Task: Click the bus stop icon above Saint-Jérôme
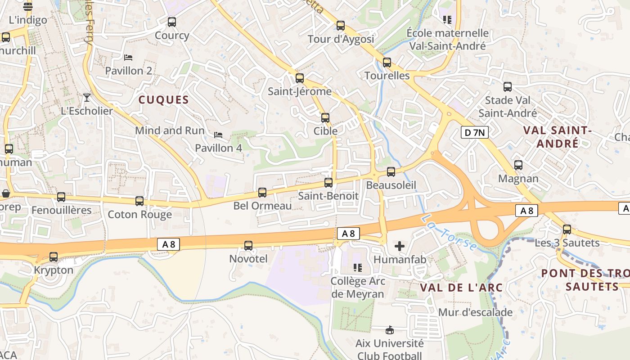pos(300,78)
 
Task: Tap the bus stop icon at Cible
pos(325,118)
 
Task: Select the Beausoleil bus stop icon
pos(391,171)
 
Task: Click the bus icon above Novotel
pos(248,246)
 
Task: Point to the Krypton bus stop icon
pos(54,257)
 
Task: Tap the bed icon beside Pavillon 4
pos(218,135)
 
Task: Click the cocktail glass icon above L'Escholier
pos(87,97)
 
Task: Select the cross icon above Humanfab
pos(400,246)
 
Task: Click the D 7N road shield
pos(475,132)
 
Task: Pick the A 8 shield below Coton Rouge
pos(169,244)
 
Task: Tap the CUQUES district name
pos(163,100)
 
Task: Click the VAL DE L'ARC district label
pos(461,287)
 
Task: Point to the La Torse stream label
pos(450,233)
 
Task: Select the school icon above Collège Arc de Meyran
pos(358,268)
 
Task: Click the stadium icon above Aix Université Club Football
pos(390,330)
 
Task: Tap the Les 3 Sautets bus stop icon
pos(567,229)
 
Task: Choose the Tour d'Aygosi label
pos(341,39)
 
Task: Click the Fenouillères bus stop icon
pos(61,197)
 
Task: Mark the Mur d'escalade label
pos(475,312)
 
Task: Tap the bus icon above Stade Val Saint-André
pos(508,87)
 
